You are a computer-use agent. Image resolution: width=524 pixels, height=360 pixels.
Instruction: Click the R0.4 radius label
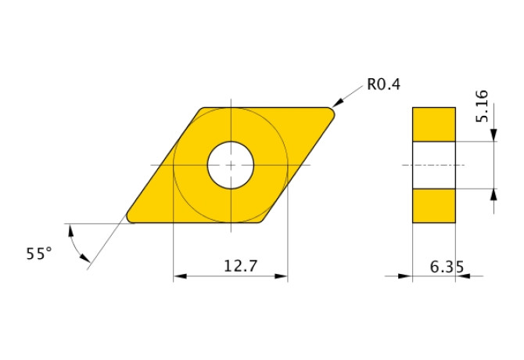point(382,85)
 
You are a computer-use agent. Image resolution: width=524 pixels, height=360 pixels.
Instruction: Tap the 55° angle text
point(38,254)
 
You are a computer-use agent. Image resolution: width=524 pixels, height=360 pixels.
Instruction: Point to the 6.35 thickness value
point(447,267)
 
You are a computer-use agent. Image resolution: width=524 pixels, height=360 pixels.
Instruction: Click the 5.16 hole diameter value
point(482,106)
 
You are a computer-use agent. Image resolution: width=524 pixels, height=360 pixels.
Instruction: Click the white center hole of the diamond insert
point(231,165)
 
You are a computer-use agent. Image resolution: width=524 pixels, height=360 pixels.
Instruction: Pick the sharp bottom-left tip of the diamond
point(130,218)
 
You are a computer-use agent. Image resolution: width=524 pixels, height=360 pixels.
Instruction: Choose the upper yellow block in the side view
point(433,124)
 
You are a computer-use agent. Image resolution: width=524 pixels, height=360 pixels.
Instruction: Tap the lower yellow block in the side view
point(433,206)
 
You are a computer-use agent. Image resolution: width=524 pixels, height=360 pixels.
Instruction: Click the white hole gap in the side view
point(433,165)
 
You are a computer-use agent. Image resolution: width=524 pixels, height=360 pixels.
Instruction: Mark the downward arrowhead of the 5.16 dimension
point(493,136)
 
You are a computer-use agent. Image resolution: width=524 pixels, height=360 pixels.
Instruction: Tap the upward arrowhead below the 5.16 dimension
point(493,195)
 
